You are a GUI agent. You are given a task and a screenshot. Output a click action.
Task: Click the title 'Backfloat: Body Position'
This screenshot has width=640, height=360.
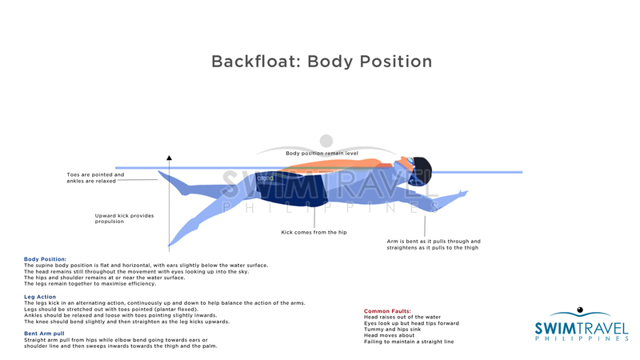pyautogui.click(x=322, y=62)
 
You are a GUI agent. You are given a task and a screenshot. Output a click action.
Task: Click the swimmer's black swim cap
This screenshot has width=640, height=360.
pyautogui.click(x=421, y=170)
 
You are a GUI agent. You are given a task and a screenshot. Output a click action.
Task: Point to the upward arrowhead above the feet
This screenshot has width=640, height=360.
pyautogui.click(x=169, y=158)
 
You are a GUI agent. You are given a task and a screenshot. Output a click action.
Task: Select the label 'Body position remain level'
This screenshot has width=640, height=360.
pyautogui.click(x=322, y=153)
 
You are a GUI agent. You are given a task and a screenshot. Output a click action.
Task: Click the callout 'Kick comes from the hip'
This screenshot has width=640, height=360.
pyautogui.click(x=314, y=233)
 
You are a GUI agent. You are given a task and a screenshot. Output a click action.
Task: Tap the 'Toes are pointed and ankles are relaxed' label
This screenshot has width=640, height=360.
pyautogui.click(x=95, y=178)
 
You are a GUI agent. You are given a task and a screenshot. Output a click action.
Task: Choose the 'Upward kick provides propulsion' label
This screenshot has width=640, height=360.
pyautogui.click(x=124, y=218)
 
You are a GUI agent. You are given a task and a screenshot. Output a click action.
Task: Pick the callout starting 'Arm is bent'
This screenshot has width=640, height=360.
pyautogui.click(x=434, y=244)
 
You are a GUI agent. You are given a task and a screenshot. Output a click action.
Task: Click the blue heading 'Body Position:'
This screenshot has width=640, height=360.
pyautogui.click(x=46, y=259)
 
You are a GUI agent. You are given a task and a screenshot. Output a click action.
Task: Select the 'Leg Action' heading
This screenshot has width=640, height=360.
pyautogui.click(x=40, y=297)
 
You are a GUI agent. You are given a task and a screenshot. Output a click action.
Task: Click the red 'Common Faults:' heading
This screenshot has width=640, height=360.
pyautogui.click(x=388, y=311)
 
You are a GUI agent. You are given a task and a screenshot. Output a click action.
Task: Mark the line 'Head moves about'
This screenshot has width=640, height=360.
pyautogui.click(x=390, y=336)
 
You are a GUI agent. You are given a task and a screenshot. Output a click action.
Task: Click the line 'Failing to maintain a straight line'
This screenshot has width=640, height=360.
pyautogui.click(x=409, y=342)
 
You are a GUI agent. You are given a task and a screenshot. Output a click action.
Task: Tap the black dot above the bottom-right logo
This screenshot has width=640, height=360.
pyautogui.click(x=579, y=310)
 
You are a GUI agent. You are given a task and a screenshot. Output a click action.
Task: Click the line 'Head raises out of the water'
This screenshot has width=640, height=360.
pyautogui.click(x=402, y=318)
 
